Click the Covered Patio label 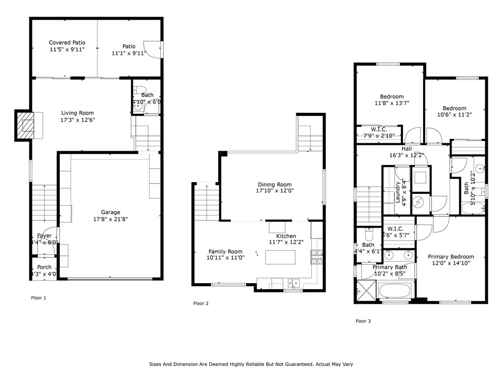[x=67, y=43]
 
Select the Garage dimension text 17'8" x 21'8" [x=110, y=219]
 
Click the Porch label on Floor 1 [x=44, y=268]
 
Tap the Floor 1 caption [x=39, y=297]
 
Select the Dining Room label [x=275, y=185]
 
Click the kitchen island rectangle [x=280, y=257]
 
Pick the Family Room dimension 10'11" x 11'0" [x=226, y=257]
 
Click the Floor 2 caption [x=201, y=303]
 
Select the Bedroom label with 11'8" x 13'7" [x=392, y=97]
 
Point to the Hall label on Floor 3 [x=406, y=149]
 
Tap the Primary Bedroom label [x=451, y=257]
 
